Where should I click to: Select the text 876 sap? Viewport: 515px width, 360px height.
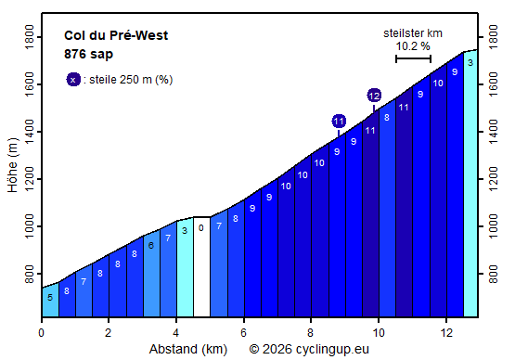point(88,54)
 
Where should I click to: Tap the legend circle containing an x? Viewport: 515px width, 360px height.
point(73,79)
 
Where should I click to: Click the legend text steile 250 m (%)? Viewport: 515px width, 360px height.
point(128,79)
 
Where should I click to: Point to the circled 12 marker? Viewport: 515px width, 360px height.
point(374,95)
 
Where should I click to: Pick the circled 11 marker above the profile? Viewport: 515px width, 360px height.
point(339,121)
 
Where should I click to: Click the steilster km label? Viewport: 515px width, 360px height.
point(413,33)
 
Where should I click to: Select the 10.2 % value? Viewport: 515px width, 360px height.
point(413,45)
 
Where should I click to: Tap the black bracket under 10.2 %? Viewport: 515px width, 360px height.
point(413,58)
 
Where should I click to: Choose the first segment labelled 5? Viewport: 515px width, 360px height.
point(49,297)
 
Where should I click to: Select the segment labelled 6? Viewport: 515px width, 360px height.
point(150,246)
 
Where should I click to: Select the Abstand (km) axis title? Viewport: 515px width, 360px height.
point(187,350)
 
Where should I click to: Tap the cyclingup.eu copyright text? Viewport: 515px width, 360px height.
point(315,350)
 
